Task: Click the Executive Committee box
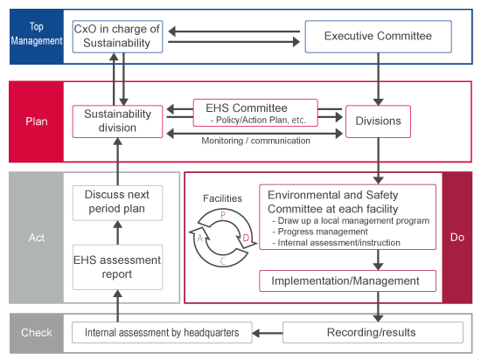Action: [x=378, y=37]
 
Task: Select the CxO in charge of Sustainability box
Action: [x=117, y=37]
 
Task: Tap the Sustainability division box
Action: [x=117, y=121]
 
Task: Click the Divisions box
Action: [x=378, y=121]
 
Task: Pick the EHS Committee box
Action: [x=255, y=113]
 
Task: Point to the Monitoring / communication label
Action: [x=255, y=141]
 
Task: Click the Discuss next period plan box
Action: [x=117, y=203]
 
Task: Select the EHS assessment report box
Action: [x=117, y=267]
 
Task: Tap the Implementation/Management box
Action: [x=347, y=280]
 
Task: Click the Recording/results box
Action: [x=373, y=332]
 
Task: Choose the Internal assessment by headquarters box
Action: [x=162, y=332]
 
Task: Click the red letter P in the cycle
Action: [x=223, y=215]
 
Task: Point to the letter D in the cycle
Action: [x=246, y=238]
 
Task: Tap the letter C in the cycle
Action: [x=223, y=261]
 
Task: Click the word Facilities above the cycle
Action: [x=222, y=198]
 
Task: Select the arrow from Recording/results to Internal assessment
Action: [x=268, y=333]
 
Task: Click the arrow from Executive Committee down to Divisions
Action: [x=378, y=79]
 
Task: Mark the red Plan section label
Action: [x=37, y=121]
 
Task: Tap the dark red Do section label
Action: [x=457, y=238]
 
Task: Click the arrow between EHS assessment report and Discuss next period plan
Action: [x=117, y=232]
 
